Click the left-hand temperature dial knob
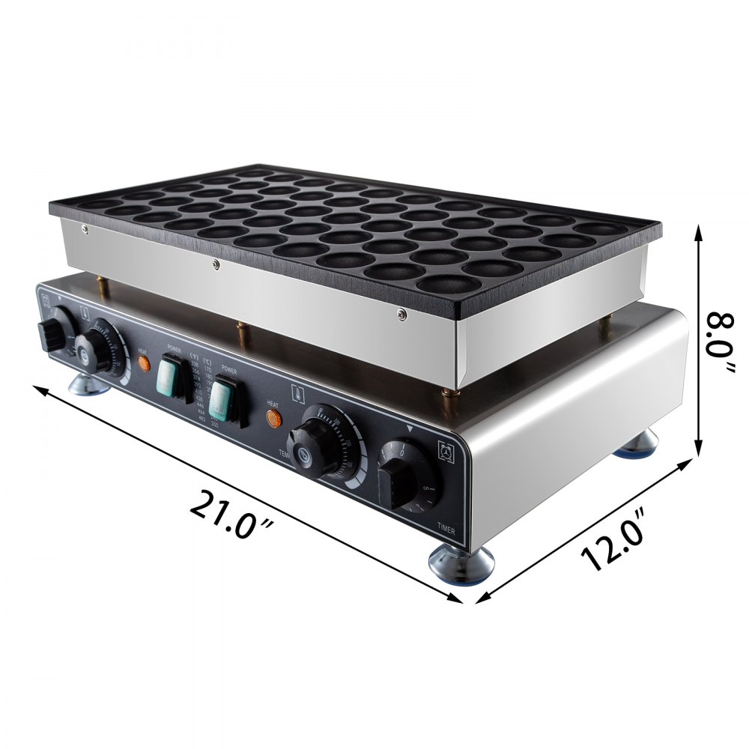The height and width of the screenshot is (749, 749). pos(91,350)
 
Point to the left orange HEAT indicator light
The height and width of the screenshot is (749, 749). pos(144,363)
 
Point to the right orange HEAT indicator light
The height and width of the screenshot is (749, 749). pos(275,417)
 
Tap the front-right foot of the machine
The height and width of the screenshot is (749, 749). pos(460,563)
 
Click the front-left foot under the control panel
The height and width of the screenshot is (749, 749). pos(88,384)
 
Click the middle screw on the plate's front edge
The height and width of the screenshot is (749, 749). pos(216,262)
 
